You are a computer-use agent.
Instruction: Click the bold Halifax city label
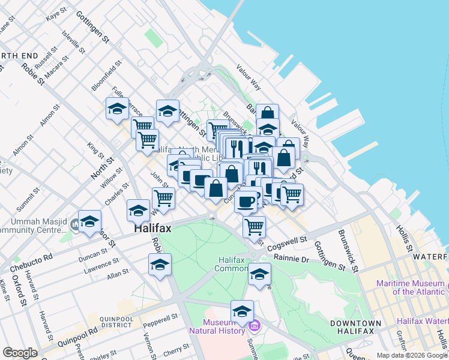(x=152, y=229)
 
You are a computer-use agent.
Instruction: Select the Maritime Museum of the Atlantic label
(x=412, y=287)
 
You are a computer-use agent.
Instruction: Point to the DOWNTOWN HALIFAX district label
(x=355, y=328)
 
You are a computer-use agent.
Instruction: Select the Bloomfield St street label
(x=106, y=75)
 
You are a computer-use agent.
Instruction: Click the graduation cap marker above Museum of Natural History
(x=242, y=310)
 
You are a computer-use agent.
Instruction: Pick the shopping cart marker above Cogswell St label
(x=255, y=226)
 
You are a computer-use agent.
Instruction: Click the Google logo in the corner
(x=20, y=353)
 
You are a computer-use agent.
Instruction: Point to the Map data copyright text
(x=412, y=355)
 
